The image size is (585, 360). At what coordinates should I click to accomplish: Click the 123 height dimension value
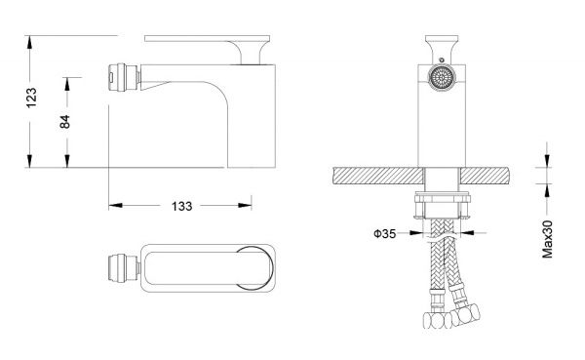pyautogui.click(x=31, y=98)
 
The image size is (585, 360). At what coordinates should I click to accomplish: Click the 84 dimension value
pyautogui.click(x=65, y=122)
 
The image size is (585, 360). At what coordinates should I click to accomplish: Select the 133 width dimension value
pyautogui.click(x=181, y=206)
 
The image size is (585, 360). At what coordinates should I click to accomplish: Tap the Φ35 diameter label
pyautogui.click(x=384, y=234)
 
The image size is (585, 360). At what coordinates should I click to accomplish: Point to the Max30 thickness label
pyautogui.click(x=547, y=239)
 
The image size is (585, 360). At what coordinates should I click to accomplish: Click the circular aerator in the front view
pyautogui.click(x=442, y=78)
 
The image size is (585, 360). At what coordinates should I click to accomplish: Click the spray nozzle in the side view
pyautogui.click(x=124, y=77)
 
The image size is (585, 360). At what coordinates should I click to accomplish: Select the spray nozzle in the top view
pyautogui.click(x=124, y=267)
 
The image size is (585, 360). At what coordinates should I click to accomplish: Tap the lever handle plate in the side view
pyautogui.click(x=207, y=38)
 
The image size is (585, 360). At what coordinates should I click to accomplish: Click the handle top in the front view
pyautogui.click(x=442, y=38)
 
